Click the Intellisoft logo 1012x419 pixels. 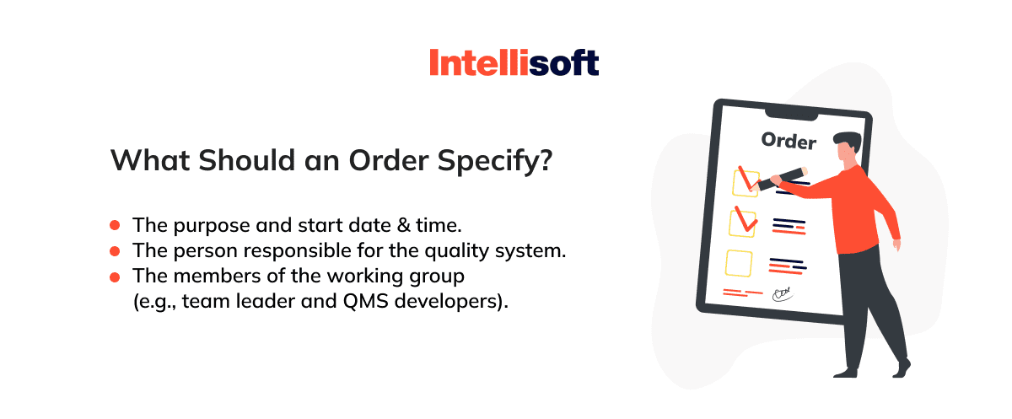tap(514, 62)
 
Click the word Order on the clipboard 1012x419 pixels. tap(789, 141)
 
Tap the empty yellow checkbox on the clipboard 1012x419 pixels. tap(739, 263)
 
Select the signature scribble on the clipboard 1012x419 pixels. tap(783, 293)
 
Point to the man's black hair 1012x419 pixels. tap(849, 140)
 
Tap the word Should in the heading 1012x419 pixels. tap(246, 160)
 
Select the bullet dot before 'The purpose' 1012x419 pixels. tap(115, 225)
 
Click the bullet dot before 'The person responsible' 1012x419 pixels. tap(115, 251)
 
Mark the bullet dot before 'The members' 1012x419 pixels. tap(115, 277)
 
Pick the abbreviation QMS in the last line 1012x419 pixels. tap(365, 301)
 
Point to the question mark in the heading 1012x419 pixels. tap(546, 160)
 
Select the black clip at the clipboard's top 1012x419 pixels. tap(791, 115)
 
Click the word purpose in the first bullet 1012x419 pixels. tap(212, 226)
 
